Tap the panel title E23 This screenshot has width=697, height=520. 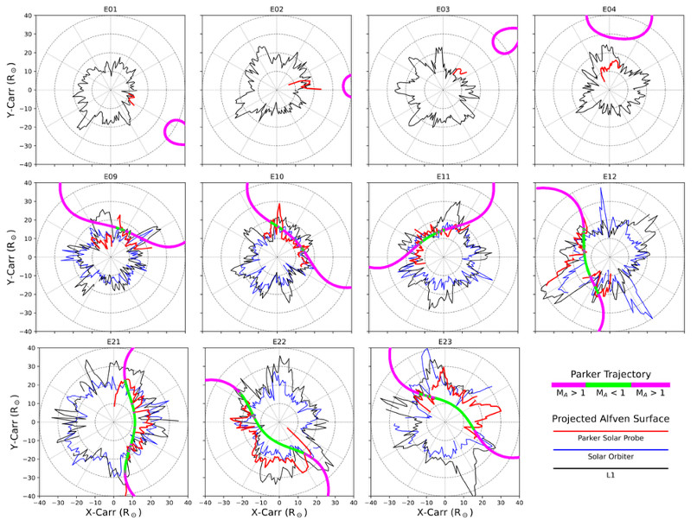(444, 342)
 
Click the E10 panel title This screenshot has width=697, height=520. (278, 176)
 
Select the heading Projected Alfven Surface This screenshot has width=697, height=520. (610, 418)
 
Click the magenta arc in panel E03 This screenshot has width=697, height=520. (503, 40)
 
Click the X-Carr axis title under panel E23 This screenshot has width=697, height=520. (444, 511)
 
